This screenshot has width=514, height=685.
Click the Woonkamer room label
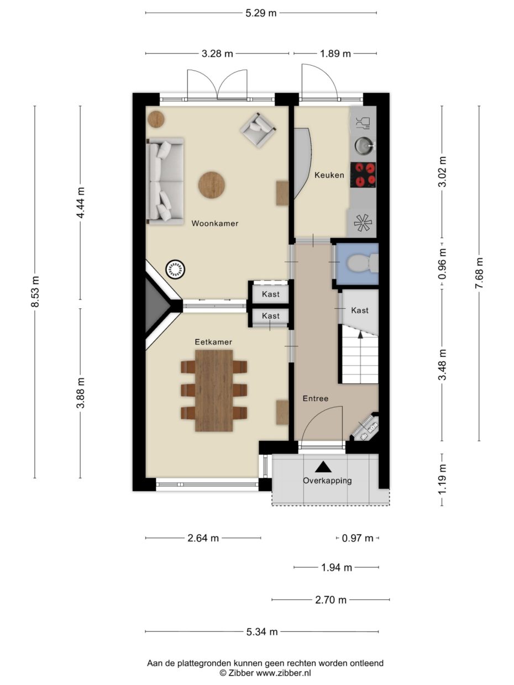pyautogui.click(x=214, y=224)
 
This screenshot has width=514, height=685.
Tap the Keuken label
pyautogui.click(x=329, y=175)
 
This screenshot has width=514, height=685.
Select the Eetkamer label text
pyautogui.click(x=213, y=342)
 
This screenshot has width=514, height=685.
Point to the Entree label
pyautogui.click(x=315, y=398)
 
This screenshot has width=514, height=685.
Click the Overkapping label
pyautogui.click(x=327, y=480)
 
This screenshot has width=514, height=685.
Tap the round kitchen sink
pyautogui.click(x=363, y=145)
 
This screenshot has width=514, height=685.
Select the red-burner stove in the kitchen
pyautogui.click(x=364, y=175)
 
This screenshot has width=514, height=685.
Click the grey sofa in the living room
pyautogui.click(x=164, y=181)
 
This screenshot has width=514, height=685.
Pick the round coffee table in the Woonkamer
pyautogui.click(x=212, y=184)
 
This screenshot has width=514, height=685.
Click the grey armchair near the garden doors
pyautogui.click(x=257, y=129)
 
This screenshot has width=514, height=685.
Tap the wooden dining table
pyautogui.click(x=214, y=389)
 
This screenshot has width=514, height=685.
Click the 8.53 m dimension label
pyautogui.click(x=35, y=292)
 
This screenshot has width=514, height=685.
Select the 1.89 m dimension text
pyautogui.click(x=335, y=54)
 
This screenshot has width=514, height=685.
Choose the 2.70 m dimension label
pyautogui.click(x=331, y=599)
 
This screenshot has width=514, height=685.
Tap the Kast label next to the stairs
pyautogui.click(x=360, y=310)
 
